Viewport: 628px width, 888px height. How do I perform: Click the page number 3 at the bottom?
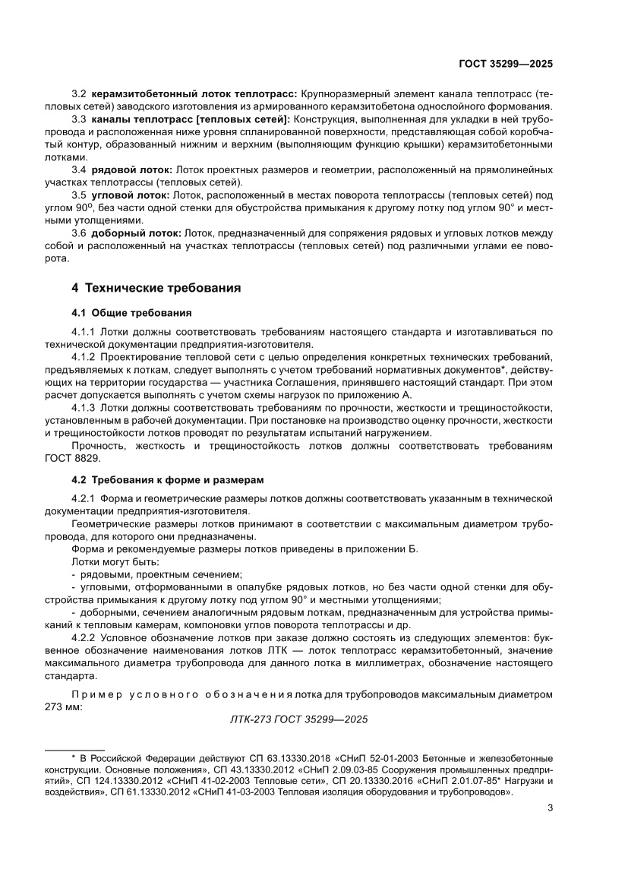pyautogui.click(x=550, y=807)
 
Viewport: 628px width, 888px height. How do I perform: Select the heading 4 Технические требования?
pyautogui.click(x=156, y=288)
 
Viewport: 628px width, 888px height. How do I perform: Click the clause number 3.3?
pyautogui.click(x=80, y=119)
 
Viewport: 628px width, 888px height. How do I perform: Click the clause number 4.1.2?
pyautogui.click(x=83, y=357)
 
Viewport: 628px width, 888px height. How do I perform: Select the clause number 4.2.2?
pyautogui.click(x=83, y=639)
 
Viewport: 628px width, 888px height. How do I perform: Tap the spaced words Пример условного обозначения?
pyautogui.click(x=182, y=694)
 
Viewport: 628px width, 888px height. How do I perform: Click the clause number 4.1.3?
pyautogui.click(x=83, y=408)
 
